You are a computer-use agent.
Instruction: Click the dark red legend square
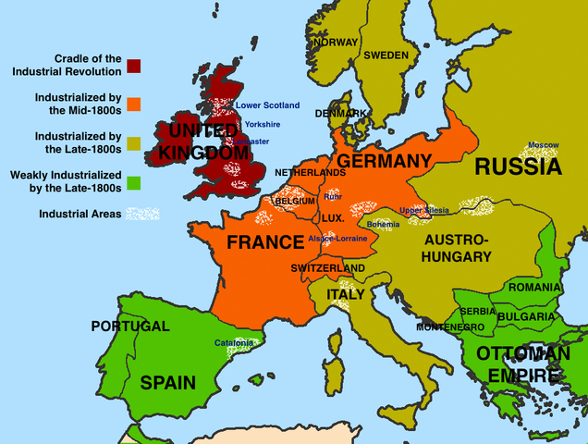point(135,65)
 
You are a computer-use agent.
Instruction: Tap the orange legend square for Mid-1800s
point(135,104)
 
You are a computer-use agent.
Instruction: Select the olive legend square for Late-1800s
point(135,142)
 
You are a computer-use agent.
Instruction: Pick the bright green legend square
point(135,180)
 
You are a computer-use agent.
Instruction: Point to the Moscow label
point(544,145)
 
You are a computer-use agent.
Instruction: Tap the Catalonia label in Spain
point(234,342)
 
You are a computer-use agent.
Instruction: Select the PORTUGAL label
point(129,327)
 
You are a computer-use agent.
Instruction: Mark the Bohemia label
point(383,224)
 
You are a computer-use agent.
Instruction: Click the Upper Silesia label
point(424,210)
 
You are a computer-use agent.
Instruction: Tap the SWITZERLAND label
point(327,268)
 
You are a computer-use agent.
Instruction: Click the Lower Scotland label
point(268,105)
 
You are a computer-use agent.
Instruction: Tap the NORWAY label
point(335,43)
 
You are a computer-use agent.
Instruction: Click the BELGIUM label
point(296,200)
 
